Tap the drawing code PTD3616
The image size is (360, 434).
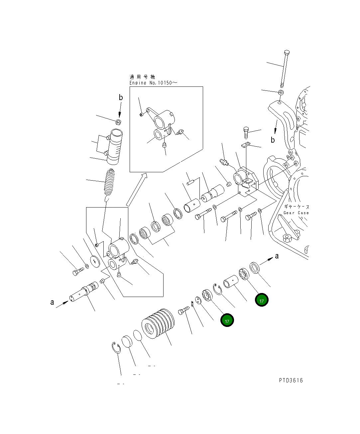[291, 380]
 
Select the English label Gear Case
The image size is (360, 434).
[296, 213]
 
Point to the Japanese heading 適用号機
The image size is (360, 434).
[142, 77]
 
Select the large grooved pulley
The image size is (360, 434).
[158, 324]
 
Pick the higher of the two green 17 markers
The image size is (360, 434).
[262, 300]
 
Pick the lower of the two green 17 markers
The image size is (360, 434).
[227, 321]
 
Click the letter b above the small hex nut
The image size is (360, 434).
[121, 97]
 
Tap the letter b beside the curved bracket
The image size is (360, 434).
[273, 140]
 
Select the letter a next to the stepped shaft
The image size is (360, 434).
[52, 302]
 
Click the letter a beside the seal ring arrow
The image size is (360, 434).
[277, 256]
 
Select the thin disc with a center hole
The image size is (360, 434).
[95, 261]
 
